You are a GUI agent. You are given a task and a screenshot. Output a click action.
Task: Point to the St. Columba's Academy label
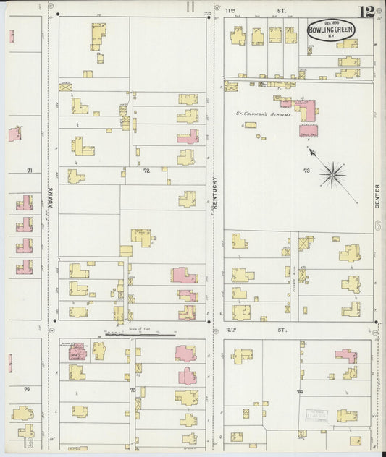coord(264,114)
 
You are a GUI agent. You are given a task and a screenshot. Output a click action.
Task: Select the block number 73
coord(306,171)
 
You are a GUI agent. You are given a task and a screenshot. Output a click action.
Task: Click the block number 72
coord(146,171)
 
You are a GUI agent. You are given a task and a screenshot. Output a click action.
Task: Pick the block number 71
coord(30,171)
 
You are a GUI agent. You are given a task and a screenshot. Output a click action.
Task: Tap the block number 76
coord(28,389)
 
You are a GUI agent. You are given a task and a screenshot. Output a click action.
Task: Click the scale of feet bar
coord(140,336)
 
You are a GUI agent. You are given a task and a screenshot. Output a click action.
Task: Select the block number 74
coord(300,391)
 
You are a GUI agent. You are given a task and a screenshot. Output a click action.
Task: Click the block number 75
coord(133,390)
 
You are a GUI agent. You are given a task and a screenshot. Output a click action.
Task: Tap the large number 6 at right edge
coord(378,226)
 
